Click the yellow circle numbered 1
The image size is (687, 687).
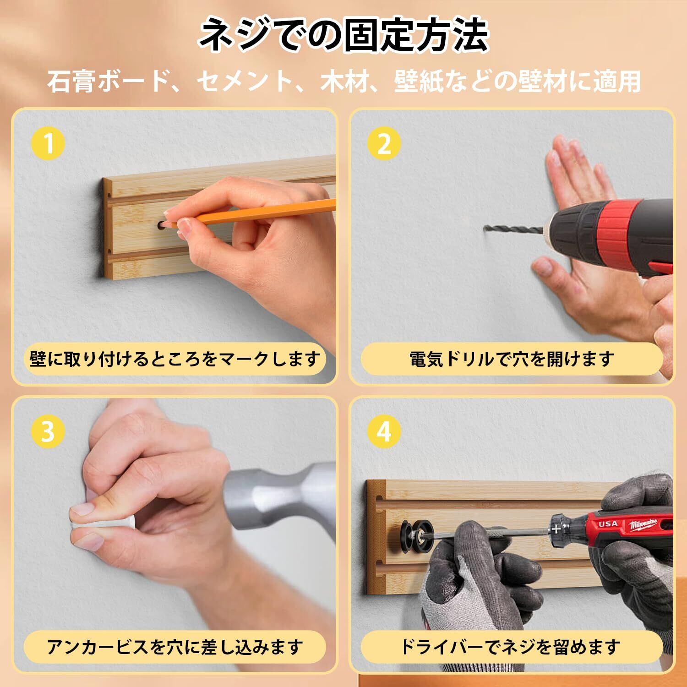click(48, 144)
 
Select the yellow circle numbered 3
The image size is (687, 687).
click(48, 431)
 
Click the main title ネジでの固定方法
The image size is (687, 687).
click(343, 35)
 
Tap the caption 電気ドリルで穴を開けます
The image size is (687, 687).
click(512, 359)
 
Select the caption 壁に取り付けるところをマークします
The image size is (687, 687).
click(175, 359)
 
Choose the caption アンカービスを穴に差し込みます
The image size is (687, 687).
click(175, 647)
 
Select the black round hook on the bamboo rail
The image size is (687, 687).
click(414, 534)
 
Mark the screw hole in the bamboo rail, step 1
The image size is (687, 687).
click(161, 225)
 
